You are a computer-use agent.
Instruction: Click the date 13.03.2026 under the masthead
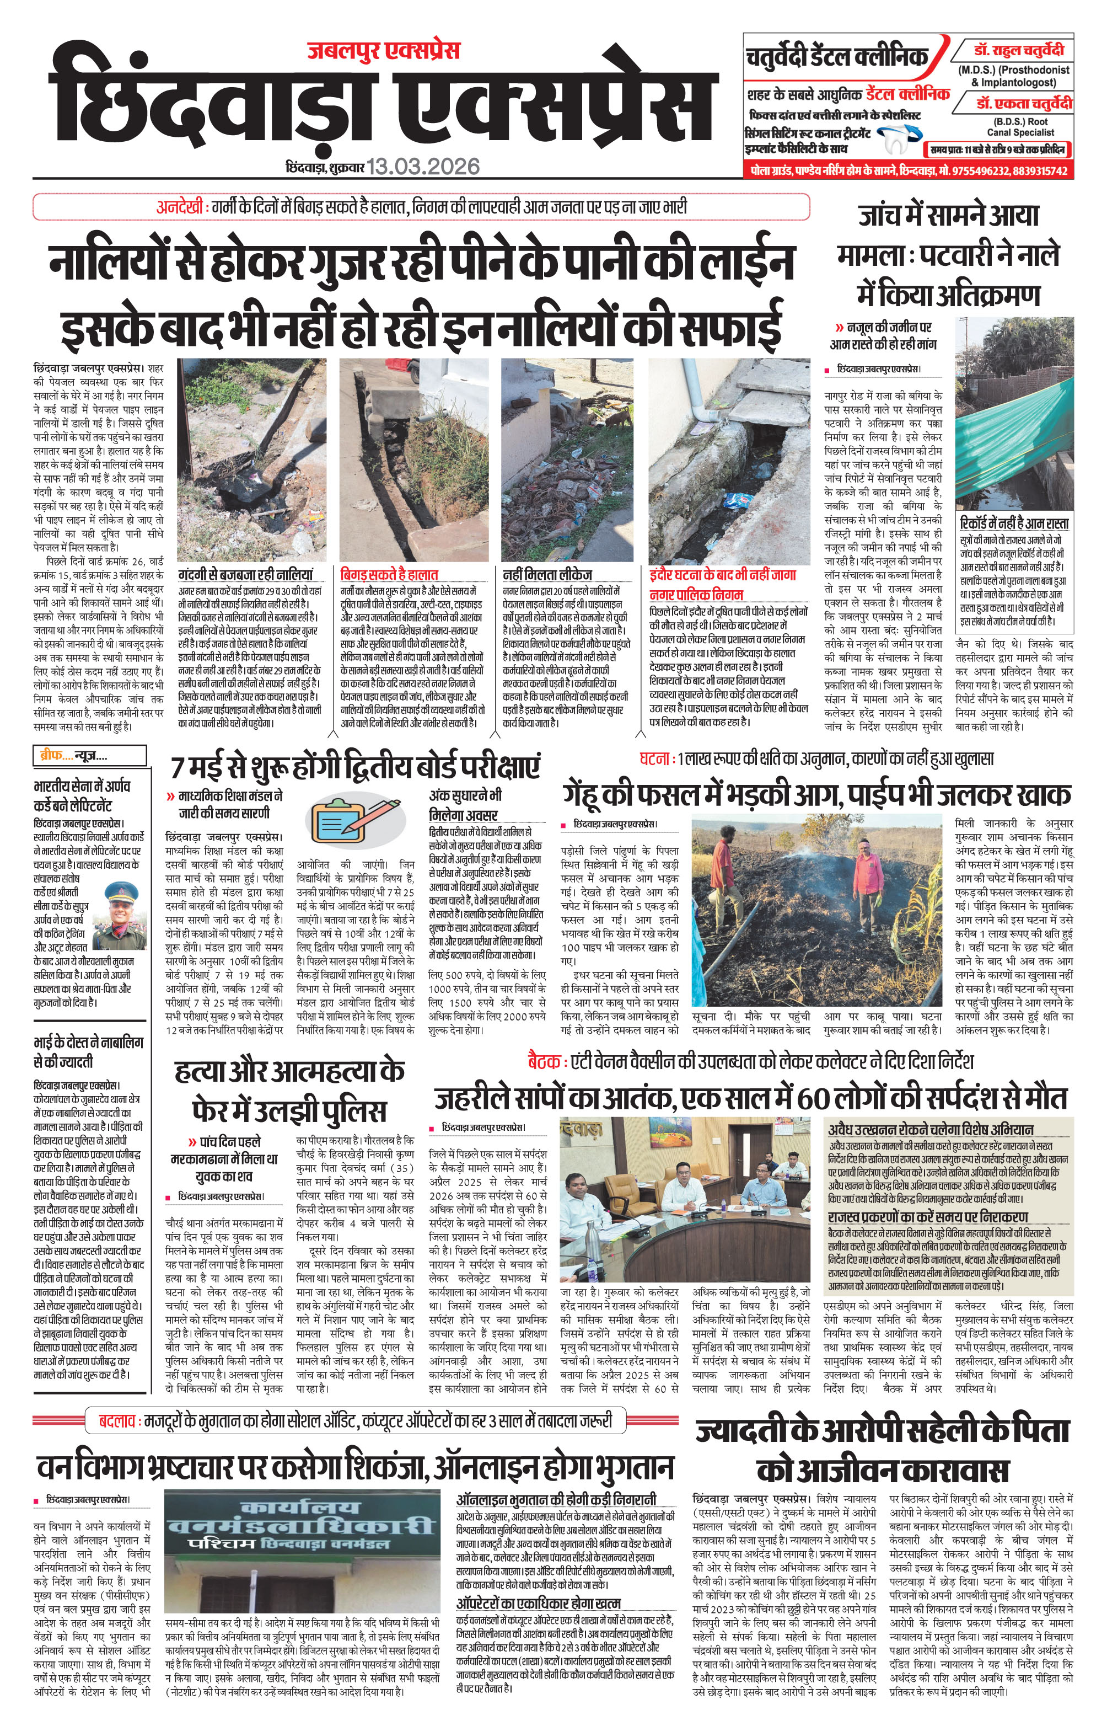click(423, 167)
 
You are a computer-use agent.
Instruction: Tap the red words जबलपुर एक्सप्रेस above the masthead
click(383, 50)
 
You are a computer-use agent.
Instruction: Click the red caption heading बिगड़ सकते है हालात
click(389, 575)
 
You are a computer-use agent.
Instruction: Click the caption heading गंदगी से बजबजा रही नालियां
click(245, 575)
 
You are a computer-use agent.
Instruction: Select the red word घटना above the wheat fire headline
click(655, 758)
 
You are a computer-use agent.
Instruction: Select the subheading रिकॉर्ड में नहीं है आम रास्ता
click(1013, 523)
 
